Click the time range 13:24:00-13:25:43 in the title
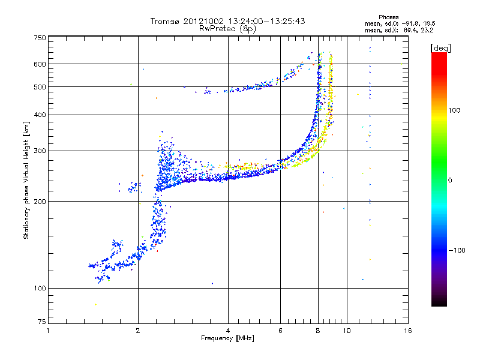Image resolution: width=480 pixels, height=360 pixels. coord(266,21)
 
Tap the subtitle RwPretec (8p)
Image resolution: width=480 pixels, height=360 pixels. coord(227,29)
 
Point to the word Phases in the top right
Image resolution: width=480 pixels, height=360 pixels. coord(388,17)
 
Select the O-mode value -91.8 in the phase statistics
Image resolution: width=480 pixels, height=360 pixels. coord(410,23)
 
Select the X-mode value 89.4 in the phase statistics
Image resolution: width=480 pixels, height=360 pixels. coord(411,30)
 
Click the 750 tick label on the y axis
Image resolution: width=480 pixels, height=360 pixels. coord(40,38)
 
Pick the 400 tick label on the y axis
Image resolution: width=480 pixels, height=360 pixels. coord(40,115)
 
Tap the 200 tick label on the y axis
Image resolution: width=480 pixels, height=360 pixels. coord(40,202)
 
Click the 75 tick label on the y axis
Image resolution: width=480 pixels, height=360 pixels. coord(42,322)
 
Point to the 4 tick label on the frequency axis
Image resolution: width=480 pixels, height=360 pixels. coord(228,331)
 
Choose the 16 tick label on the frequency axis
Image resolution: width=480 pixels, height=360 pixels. coord(408,331)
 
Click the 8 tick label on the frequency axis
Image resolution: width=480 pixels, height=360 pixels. coord(318,331)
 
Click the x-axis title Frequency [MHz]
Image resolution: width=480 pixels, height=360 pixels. coord(227,338)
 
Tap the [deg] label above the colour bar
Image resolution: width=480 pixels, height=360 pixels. coord(440,48)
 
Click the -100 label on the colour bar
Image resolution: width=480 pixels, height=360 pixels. coord(457,250)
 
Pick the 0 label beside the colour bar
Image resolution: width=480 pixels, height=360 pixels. coord(450,181)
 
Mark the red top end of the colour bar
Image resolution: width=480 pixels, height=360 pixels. coord(439,53)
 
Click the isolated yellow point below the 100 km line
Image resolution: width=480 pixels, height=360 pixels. coord(95,304)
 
